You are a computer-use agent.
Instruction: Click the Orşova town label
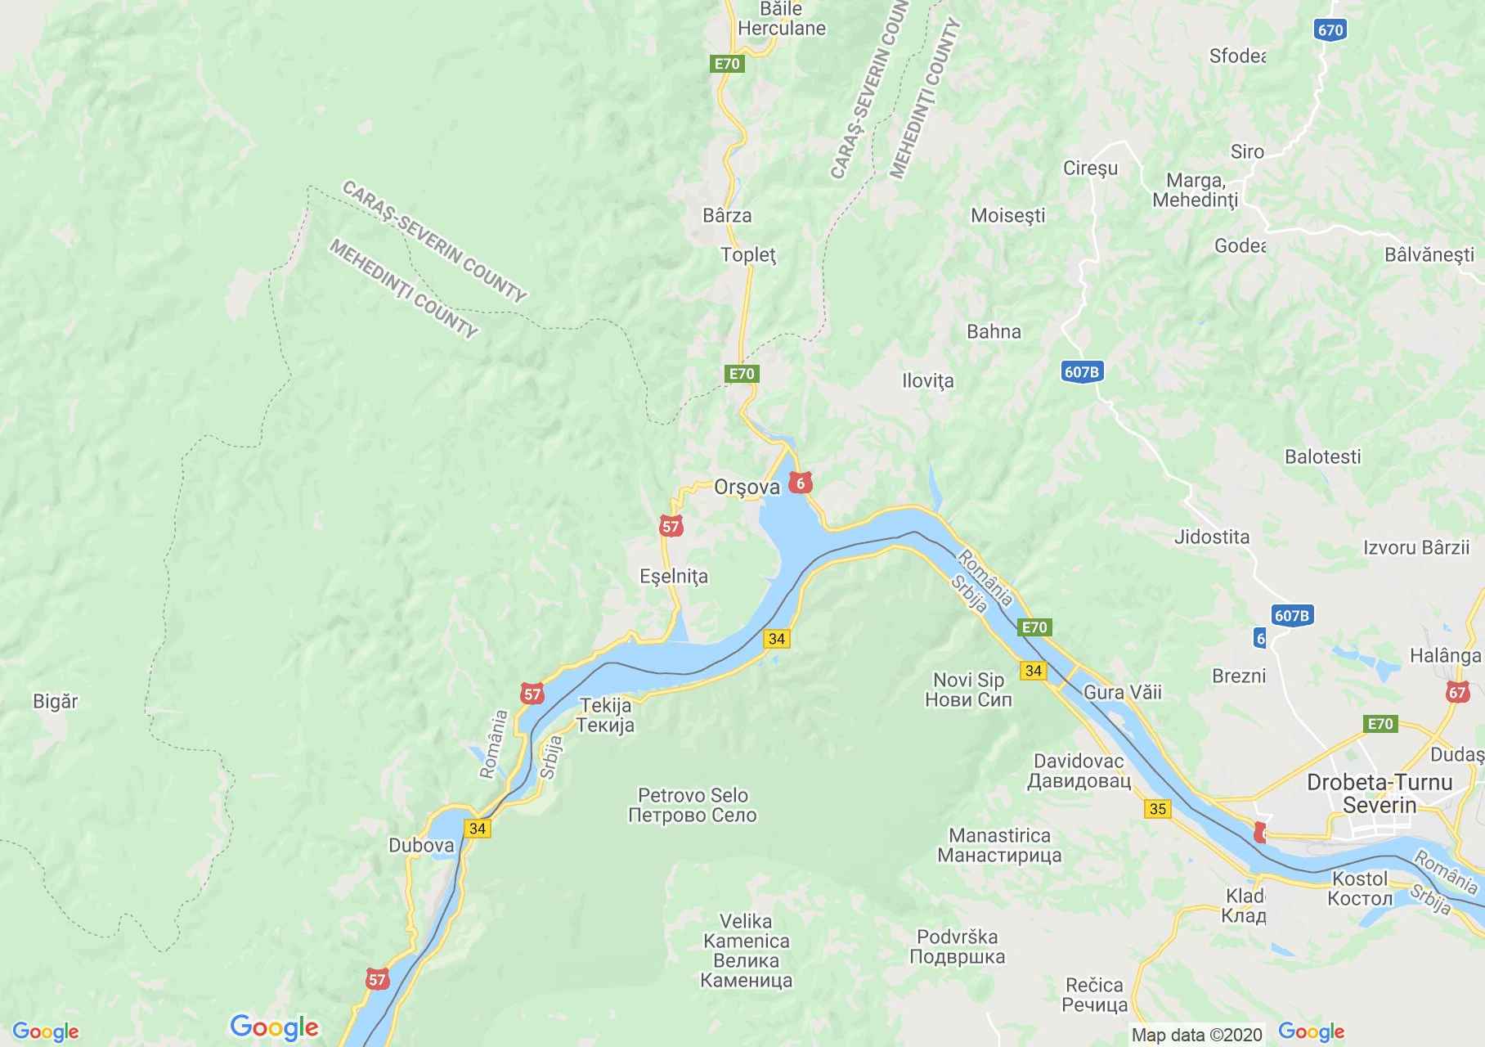click(x=747, y=488)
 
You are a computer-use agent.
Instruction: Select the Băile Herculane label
click(x=781, y=19)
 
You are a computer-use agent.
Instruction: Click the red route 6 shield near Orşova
click(x=801, y=483)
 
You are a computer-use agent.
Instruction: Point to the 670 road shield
click(x=1330, y=30)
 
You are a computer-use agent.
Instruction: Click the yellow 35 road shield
click(x=1158, y=809)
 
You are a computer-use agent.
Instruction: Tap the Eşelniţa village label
click(x=674, y=576)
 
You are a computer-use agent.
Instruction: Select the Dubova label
click(x=421, y=846)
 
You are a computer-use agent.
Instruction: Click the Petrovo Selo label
click(x=693, y=805)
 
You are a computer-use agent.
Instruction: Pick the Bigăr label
click(x=56, y=701)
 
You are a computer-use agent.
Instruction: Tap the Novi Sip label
click(x=968, y=690)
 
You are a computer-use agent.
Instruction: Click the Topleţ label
click(x=748, y=254)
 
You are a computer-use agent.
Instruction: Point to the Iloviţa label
click(x=927, y=380)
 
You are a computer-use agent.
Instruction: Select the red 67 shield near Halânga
click(x=1456, y=692)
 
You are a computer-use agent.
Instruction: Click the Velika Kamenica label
click(x=746, y=950)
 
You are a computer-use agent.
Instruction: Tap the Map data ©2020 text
click(x=1196, y=1035)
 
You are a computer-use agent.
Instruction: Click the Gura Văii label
click(x=1122, y=692)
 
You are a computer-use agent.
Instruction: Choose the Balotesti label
click(x=1322, y=456)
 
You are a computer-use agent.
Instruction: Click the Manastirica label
click(x=999, y=845)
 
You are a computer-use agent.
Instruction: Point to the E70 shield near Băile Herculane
click(x=727, y=64)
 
